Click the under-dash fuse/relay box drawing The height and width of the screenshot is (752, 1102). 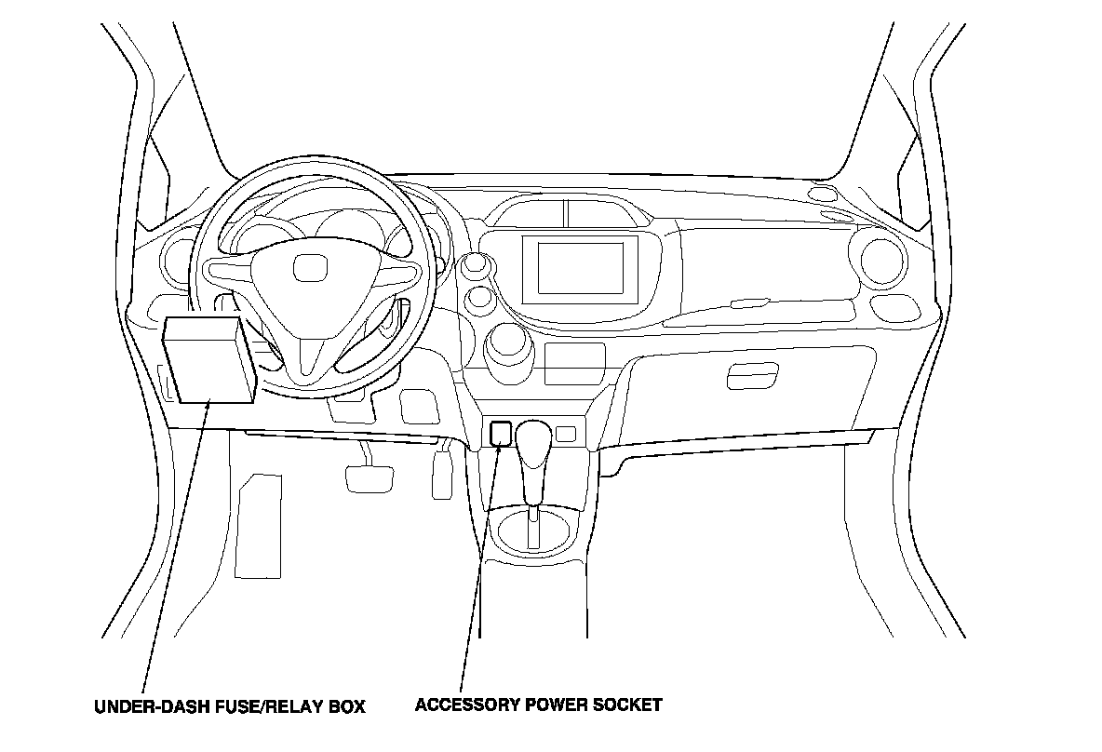209,360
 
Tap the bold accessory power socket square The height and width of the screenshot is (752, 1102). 501,432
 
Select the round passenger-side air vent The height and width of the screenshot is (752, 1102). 882,260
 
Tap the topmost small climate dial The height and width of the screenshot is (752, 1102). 477,264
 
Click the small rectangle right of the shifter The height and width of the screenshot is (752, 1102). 566,433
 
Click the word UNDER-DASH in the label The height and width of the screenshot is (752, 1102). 143,705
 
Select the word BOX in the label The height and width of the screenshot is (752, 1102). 347,705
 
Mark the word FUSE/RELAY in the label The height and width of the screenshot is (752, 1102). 260,705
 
